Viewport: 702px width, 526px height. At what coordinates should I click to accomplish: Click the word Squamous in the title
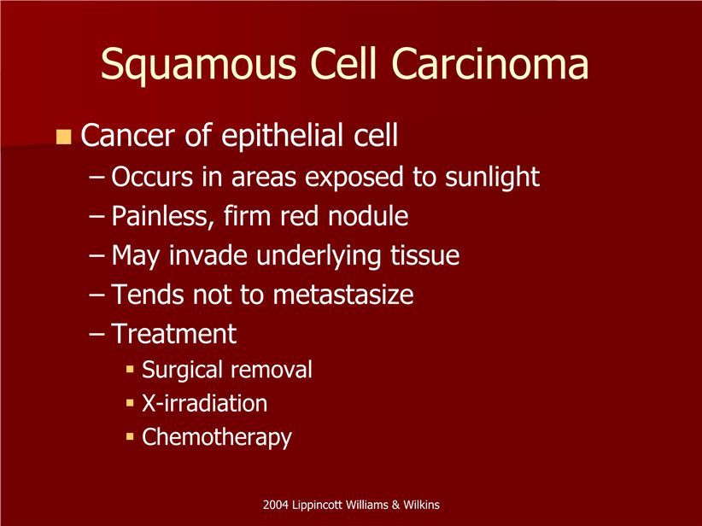click(198, 64)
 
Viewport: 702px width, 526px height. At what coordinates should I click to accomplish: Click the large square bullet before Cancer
click(64, 137)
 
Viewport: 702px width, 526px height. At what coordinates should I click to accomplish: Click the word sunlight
click(492, 178)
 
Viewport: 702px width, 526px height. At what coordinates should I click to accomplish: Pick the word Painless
click(160, 217)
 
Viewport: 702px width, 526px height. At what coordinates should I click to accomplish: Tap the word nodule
click(368, 216)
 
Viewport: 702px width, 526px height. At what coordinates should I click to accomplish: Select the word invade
click(208, 255)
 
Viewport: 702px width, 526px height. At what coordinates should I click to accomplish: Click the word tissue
click(424, 255)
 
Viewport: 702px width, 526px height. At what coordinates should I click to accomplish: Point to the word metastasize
click(343, 295)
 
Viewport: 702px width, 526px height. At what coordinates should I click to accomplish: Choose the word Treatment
click(173, 334)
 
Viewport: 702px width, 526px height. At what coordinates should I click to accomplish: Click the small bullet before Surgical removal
click(131, 370)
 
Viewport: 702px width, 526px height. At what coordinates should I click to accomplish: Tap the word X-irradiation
click(205, 403)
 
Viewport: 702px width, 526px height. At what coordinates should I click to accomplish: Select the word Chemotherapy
click(217, 437)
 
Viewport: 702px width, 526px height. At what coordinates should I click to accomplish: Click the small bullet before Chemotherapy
click(131, 436)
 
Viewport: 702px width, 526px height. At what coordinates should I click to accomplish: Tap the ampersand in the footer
click(395, 505)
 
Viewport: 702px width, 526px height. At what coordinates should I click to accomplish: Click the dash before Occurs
click(97, 178)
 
